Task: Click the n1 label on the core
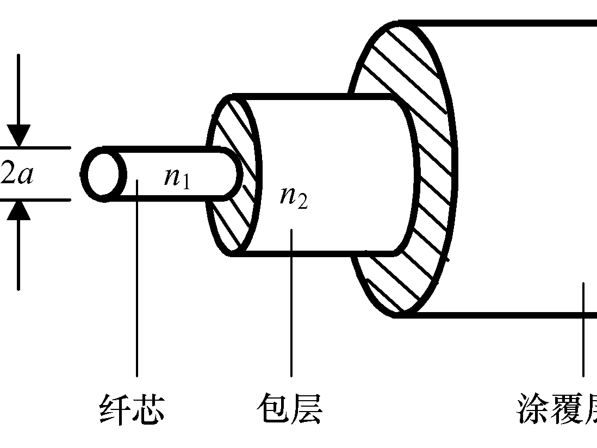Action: click(x=177, y=177)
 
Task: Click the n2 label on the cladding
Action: click(x=294, y=197)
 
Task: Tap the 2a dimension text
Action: click(x=17, y=175)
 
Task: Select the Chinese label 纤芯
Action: click(x=132, y=409)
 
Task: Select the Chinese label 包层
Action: click(x=289, y=409)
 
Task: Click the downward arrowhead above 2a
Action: click(x=19, y=136)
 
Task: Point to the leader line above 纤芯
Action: click(x=136, y=283)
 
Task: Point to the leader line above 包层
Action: click(x=291, y=304)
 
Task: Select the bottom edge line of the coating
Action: click(x=489, y=314)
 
